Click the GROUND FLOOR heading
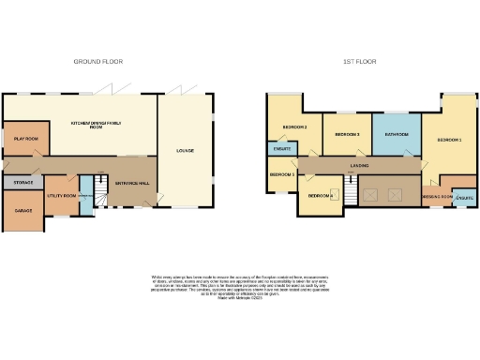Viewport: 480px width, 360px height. (95, 61)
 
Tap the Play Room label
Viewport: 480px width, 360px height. (24, 138)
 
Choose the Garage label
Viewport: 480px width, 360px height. (22, 211)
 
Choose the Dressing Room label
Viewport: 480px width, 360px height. (438, 197)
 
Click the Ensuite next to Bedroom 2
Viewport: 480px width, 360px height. (280, 148)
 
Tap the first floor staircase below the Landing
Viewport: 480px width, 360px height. (351, 193)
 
